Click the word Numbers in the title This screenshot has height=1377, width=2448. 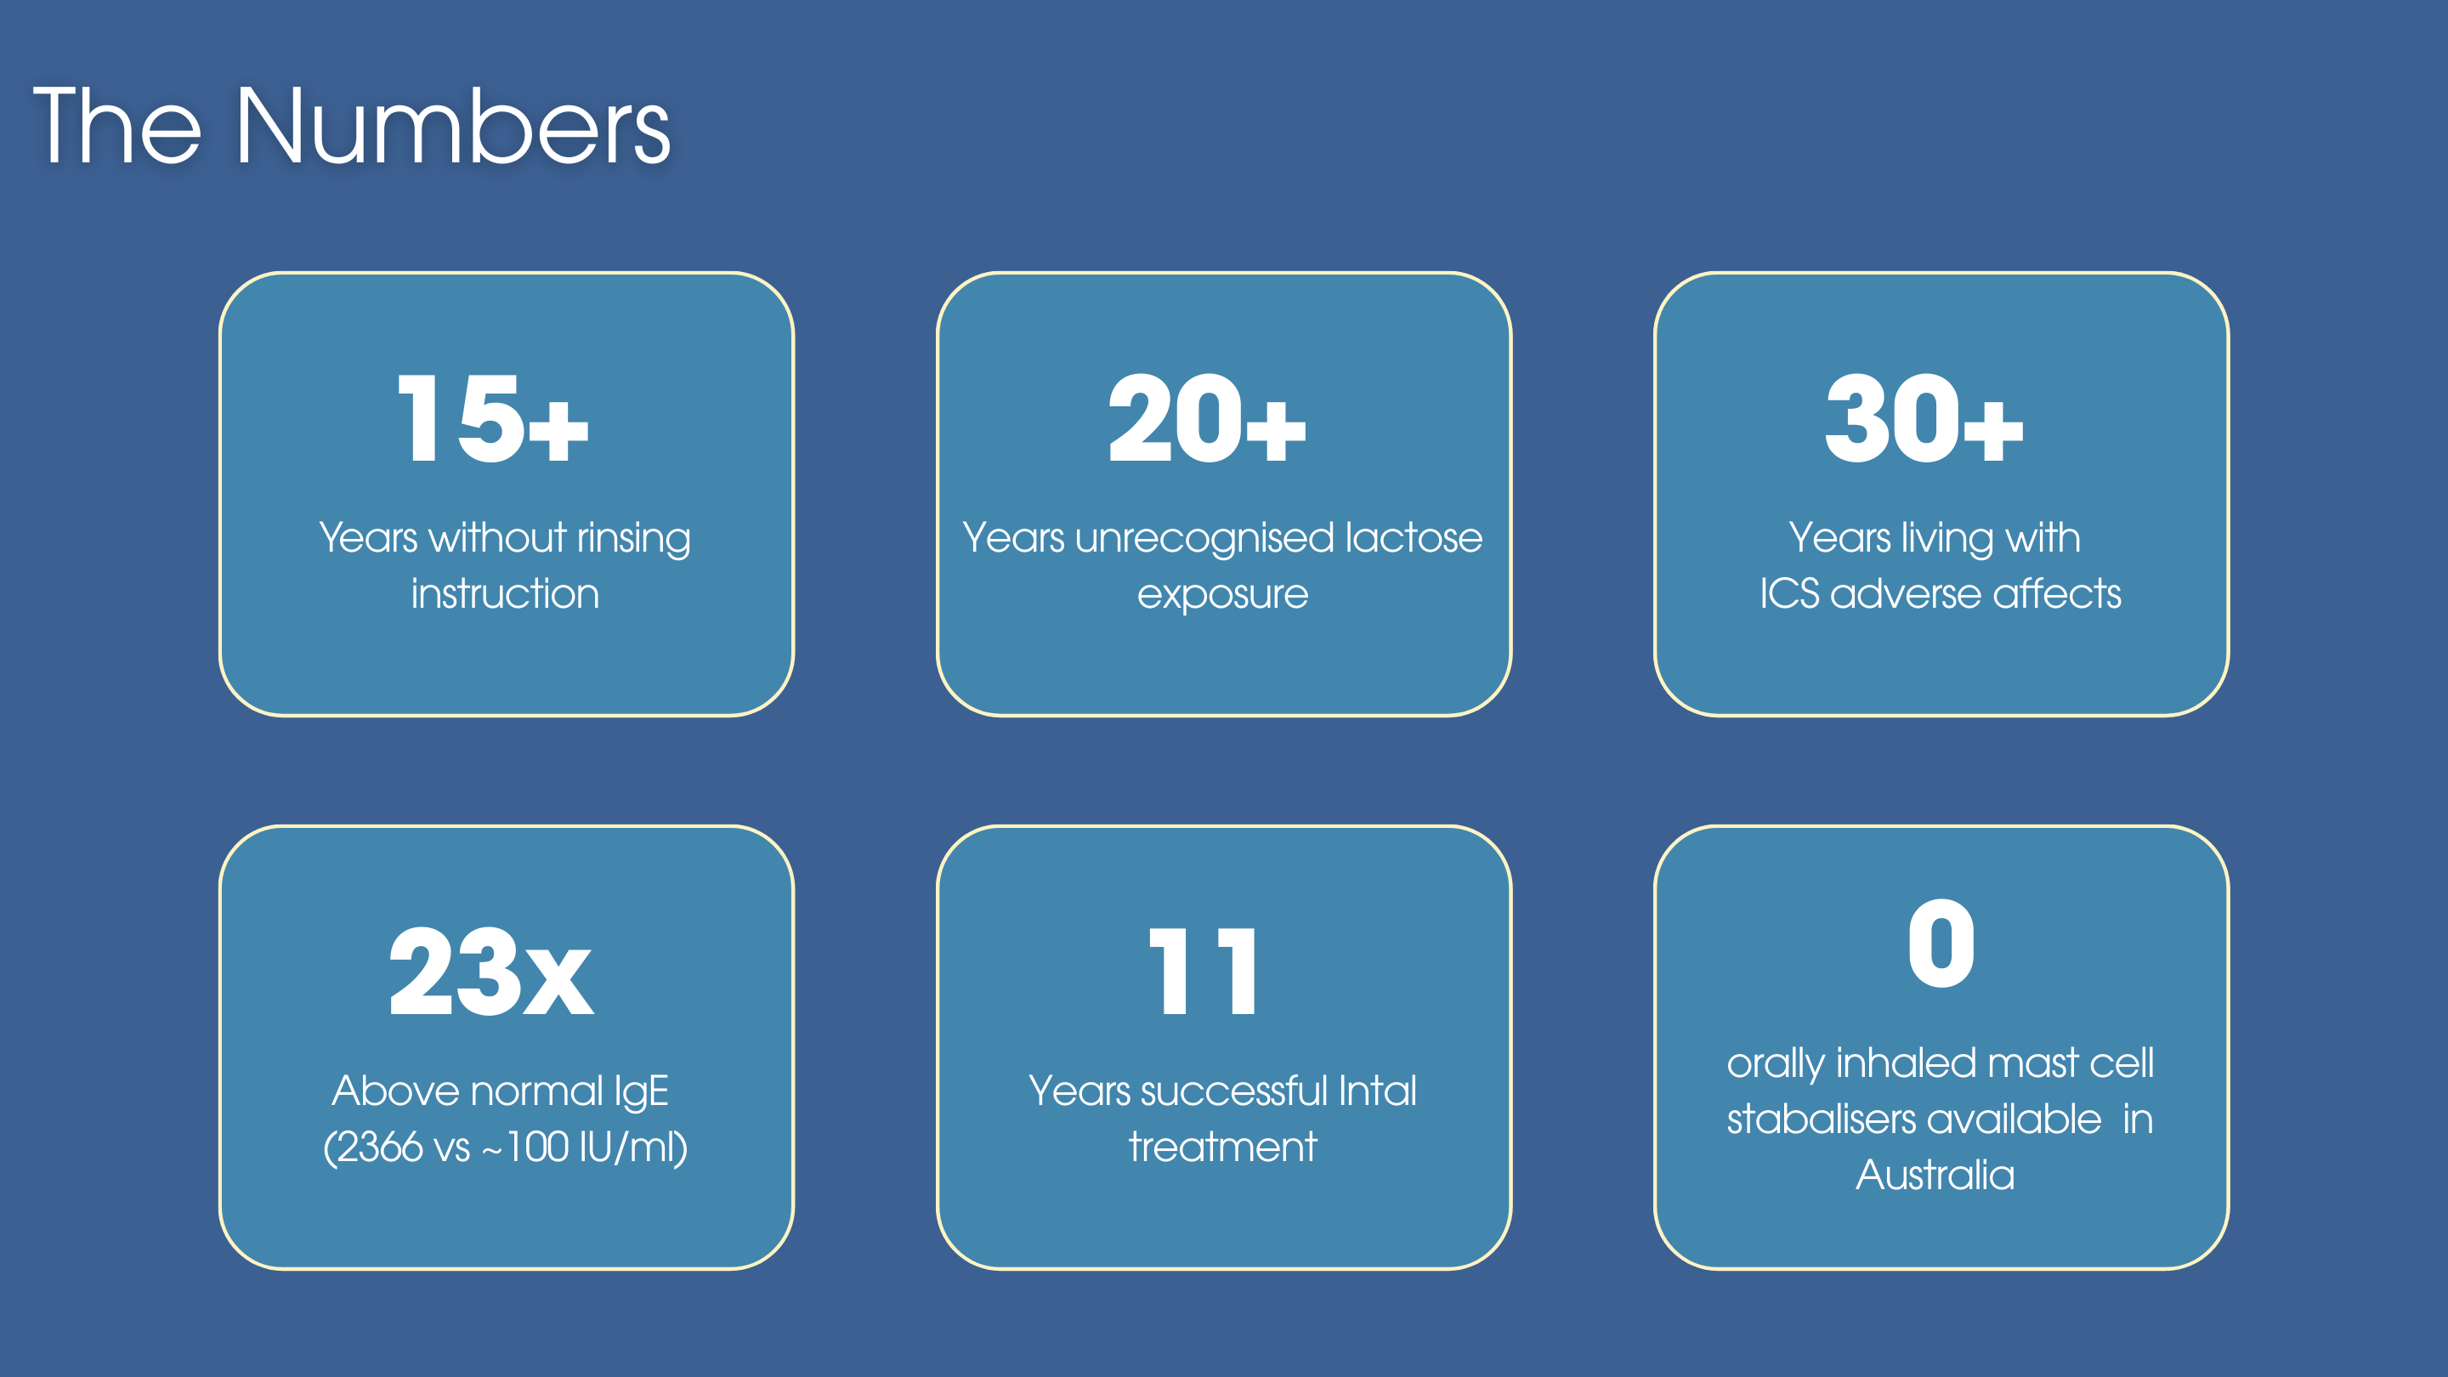[453, 127]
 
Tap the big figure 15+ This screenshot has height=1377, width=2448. [492, 418]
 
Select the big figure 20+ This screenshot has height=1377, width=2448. [1207, 418]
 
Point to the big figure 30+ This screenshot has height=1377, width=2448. [1924, 418]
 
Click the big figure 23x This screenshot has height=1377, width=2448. [491, 972]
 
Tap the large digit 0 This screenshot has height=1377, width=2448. [1941, 943]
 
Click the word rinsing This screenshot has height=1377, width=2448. [634, 539]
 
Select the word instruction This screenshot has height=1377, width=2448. [506, 594]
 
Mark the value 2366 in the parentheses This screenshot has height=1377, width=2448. [380, 1147]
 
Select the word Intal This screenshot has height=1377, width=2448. [1377, 1091]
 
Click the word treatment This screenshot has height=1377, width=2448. [1223, 1147]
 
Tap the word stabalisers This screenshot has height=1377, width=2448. [1914, 1119]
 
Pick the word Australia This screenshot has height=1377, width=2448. [1935, 1176]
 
